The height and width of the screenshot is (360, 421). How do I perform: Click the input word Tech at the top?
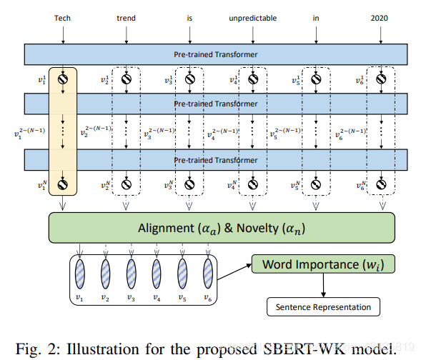pos(64,18)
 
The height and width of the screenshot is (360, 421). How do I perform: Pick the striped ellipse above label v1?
pos(79,272)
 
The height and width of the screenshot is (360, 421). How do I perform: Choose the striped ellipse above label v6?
pos(208,272)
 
